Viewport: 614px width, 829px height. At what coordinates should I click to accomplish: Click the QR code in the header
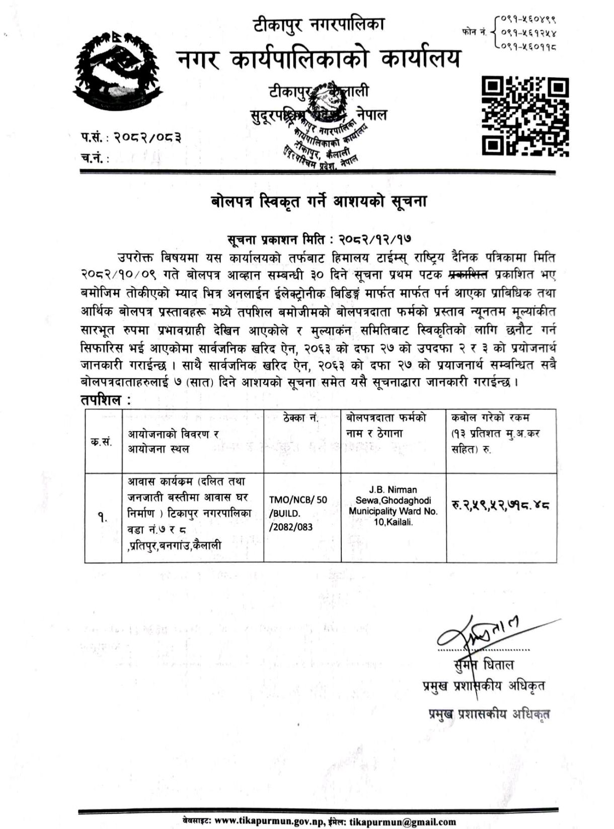pos(525,116)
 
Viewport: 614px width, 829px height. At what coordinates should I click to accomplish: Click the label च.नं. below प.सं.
pos(94,157)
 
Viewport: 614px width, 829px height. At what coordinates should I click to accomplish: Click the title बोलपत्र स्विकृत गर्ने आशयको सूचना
pos(318,202)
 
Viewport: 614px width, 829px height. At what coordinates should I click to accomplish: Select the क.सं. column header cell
pos(102,442)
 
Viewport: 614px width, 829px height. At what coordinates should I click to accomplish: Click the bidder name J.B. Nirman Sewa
pos(393,495)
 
